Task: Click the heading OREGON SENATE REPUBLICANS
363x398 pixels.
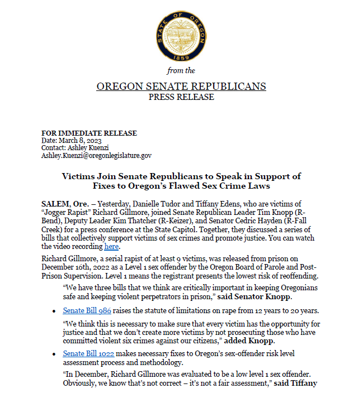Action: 181,87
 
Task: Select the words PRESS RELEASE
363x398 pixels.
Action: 181,97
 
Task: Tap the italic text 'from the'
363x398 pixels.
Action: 181,71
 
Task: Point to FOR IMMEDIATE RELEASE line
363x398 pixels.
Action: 89,133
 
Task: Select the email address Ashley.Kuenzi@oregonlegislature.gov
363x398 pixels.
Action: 96,156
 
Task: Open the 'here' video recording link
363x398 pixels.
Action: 111,246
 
